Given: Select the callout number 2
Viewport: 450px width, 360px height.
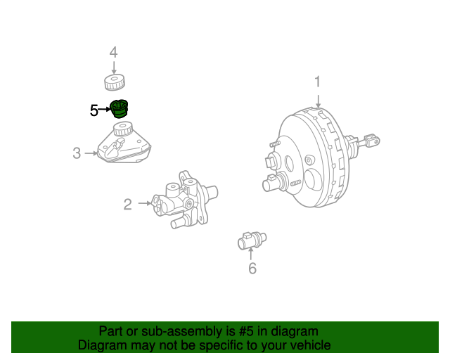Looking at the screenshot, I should (127, 205).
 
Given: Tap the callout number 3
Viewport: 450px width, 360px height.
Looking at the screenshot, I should (77, 153).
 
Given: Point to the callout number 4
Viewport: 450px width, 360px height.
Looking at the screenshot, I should (113, 52).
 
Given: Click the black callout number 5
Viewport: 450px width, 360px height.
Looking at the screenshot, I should (94, 110).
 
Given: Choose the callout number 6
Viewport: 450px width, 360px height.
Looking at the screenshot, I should (252, 268).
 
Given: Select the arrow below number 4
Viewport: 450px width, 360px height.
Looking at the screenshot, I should (113, 67).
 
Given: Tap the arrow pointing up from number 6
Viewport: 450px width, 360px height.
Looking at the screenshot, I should (251, 255).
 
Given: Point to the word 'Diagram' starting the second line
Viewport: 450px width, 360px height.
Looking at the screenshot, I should (101, 345).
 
